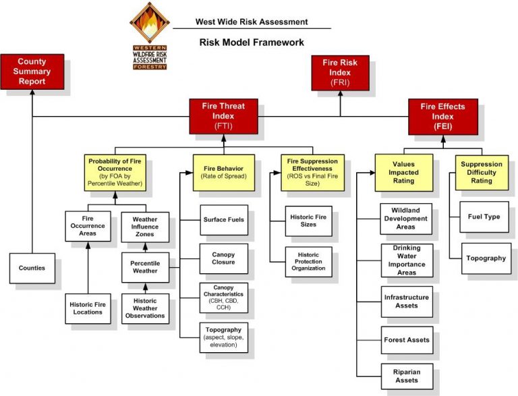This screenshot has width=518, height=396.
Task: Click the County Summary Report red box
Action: coord(32,72)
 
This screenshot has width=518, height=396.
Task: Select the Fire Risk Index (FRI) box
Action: coord(340,72)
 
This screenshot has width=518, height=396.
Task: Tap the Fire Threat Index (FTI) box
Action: coord(223,115)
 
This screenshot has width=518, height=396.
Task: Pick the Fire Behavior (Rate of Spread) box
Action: coord(223,171)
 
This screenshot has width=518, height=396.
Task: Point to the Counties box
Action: coord(32,268)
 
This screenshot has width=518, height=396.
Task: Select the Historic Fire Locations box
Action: coord(88,308)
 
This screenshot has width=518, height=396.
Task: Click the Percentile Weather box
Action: coord(145,267)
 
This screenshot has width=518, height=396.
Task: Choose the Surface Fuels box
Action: coord(223,220)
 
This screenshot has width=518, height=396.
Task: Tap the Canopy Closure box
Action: coord(223,258)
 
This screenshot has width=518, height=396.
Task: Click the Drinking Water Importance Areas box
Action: coord(407,260)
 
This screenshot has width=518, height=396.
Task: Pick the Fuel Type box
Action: coord(484,217)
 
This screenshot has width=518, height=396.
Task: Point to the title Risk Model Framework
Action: coord(252,43)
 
